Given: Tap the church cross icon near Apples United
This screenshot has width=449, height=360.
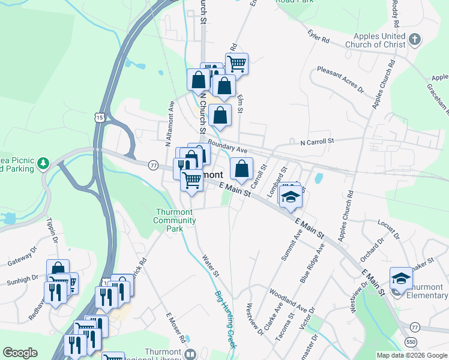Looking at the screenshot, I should tap(414, 41).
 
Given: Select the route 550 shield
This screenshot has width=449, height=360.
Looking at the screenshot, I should tap(411, 341).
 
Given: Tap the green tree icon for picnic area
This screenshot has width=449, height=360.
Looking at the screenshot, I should tap(43, 163).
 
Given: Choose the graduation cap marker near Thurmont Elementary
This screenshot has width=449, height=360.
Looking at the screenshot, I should tap(401, 279).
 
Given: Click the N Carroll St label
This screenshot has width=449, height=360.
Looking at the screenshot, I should tap(316, 142).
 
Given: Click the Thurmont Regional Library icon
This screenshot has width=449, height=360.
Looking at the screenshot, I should tap(191, 354).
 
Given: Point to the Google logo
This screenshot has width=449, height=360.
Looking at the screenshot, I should tap(20, 353).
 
